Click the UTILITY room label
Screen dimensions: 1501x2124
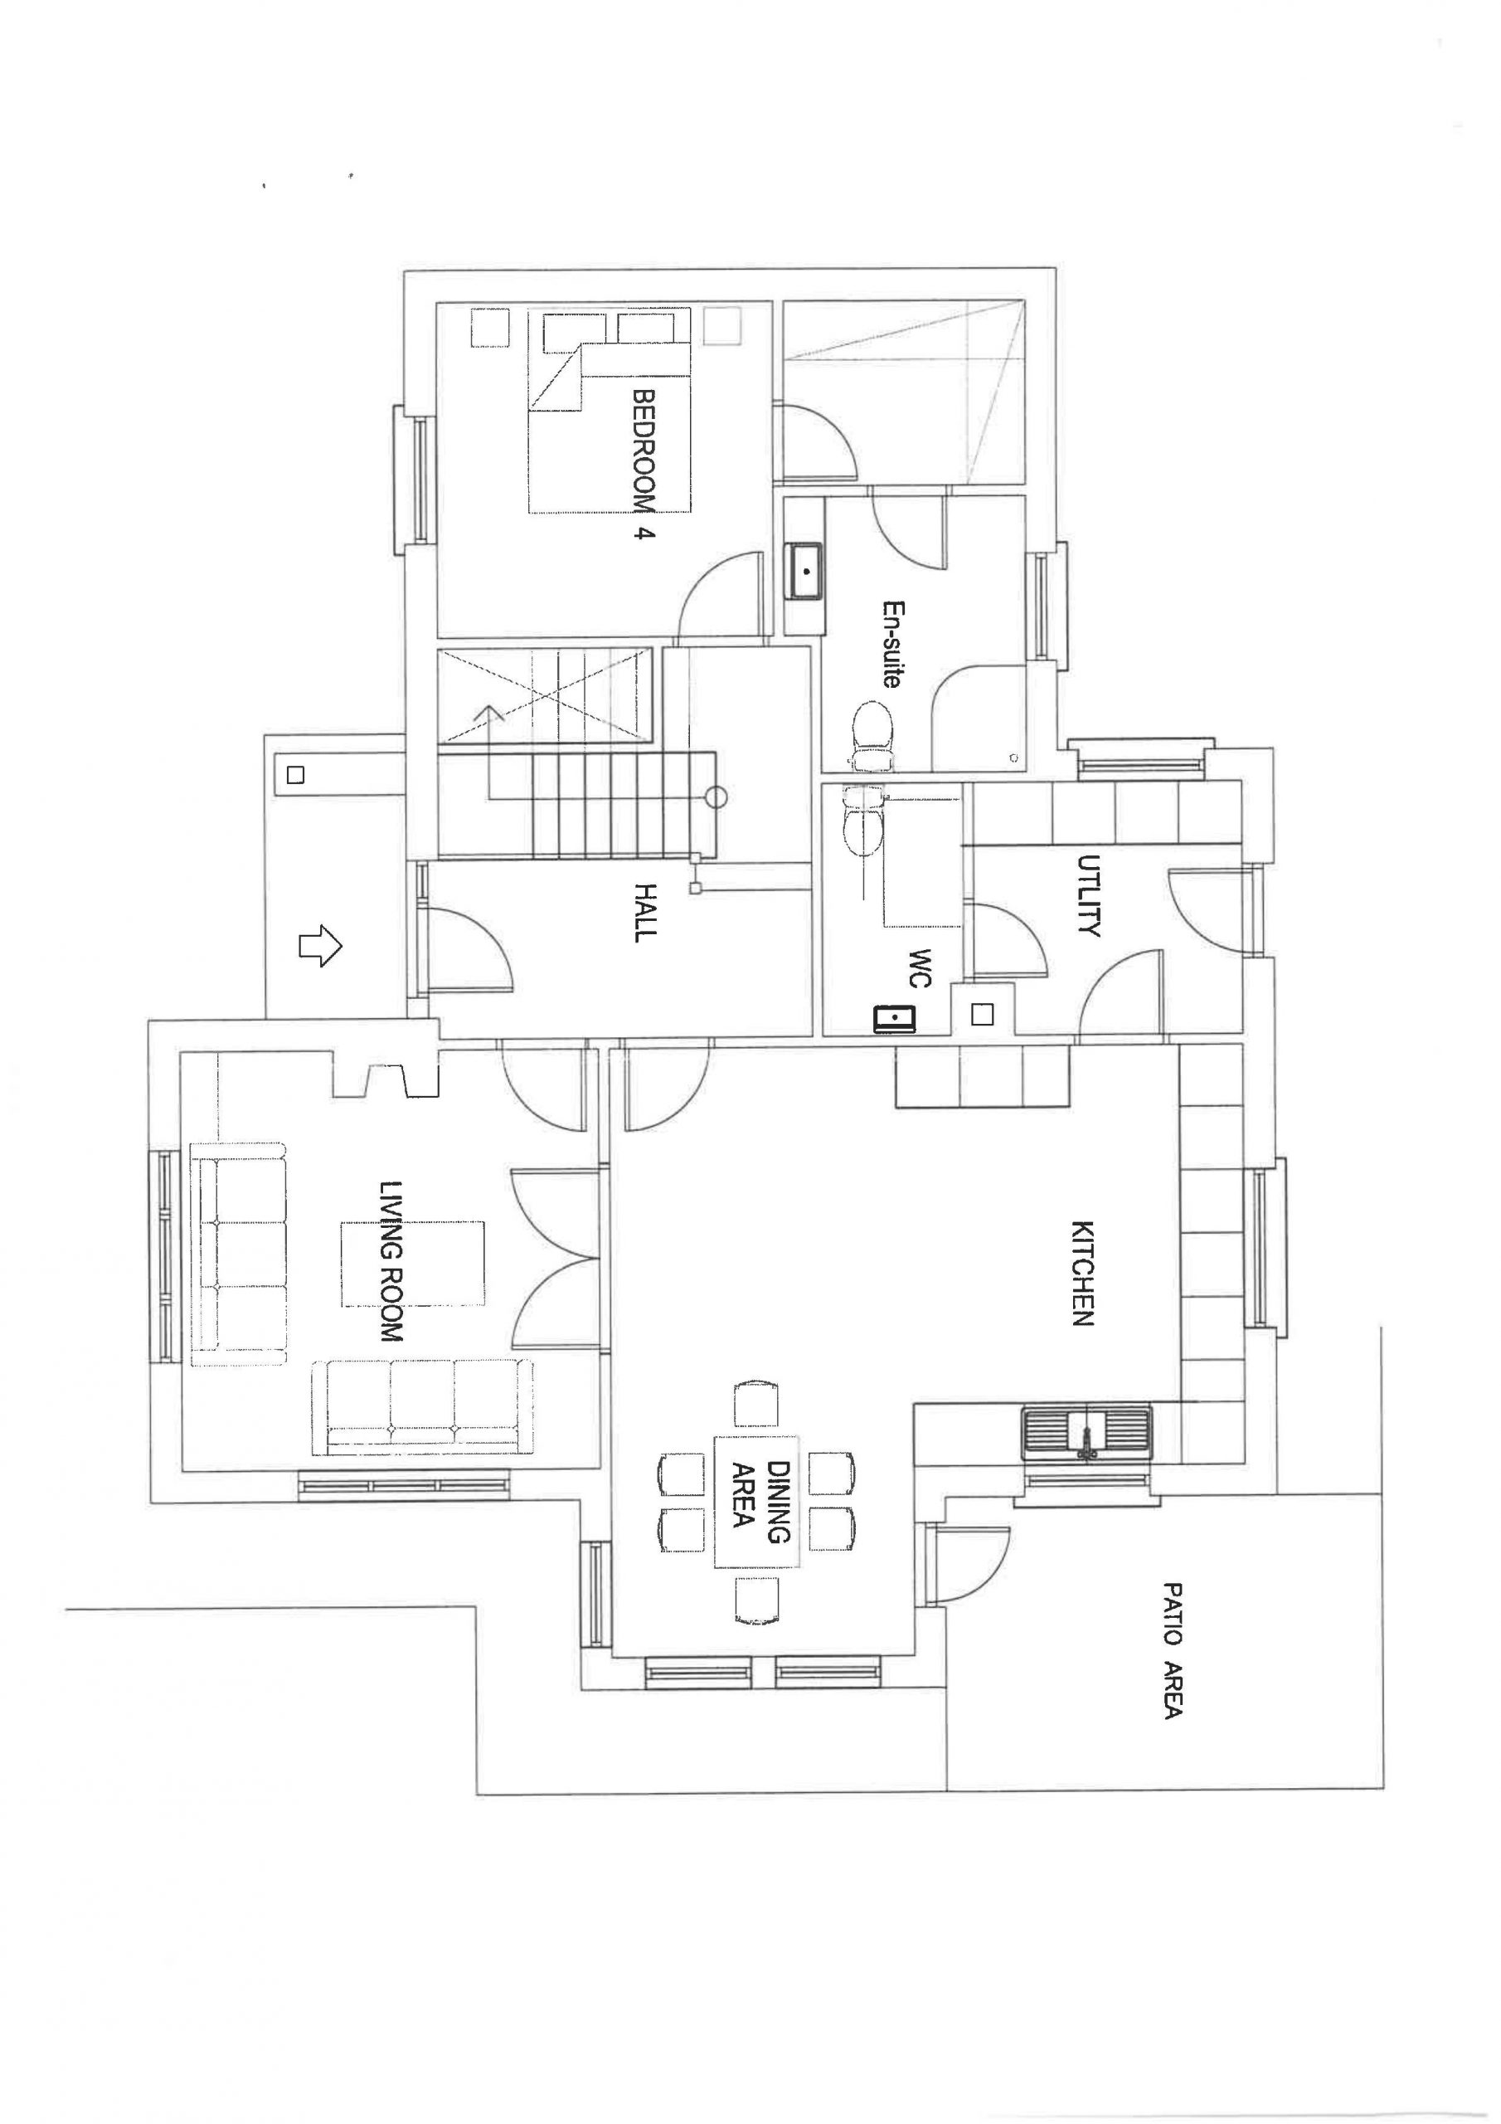[1089, 895]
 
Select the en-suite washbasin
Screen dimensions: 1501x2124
[806, 572]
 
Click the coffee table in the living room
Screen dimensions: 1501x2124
[414, 1264]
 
